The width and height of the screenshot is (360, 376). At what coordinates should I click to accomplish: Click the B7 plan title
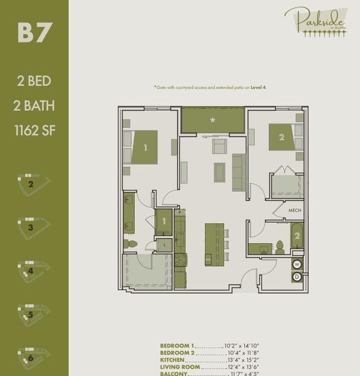[34, 34]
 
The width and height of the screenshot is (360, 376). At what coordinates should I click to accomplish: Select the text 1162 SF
[34, 131]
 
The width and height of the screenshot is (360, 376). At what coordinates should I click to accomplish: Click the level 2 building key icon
[33, 185]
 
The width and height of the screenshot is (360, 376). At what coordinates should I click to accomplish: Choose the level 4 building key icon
[33, 272]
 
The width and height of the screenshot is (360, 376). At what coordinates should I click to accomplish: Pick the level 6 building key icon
[33, 358]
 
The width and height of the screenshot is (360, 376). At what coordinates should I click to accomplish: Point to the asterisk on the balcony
[213, 120]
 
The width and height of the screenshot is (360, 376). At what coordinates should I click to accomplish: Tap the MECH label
[296, 211]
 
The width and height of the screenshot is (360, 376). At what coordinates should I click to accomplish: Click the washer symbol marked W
[297, 264]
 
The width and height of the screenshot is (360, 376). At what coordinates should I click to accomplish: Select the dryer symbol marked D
[297, 276]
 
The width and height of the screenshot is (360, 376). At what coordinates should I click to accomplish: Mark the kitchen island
[214, 244]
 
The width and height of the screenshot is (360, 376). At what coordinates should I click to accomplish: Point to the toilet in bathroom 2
[280, 248]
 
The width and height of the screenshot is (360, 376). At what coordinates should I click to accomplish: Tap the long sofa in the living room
[238, 172]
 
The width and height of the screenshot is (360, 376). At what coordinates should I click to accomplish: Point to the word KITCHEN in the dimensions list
[173, 361]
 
